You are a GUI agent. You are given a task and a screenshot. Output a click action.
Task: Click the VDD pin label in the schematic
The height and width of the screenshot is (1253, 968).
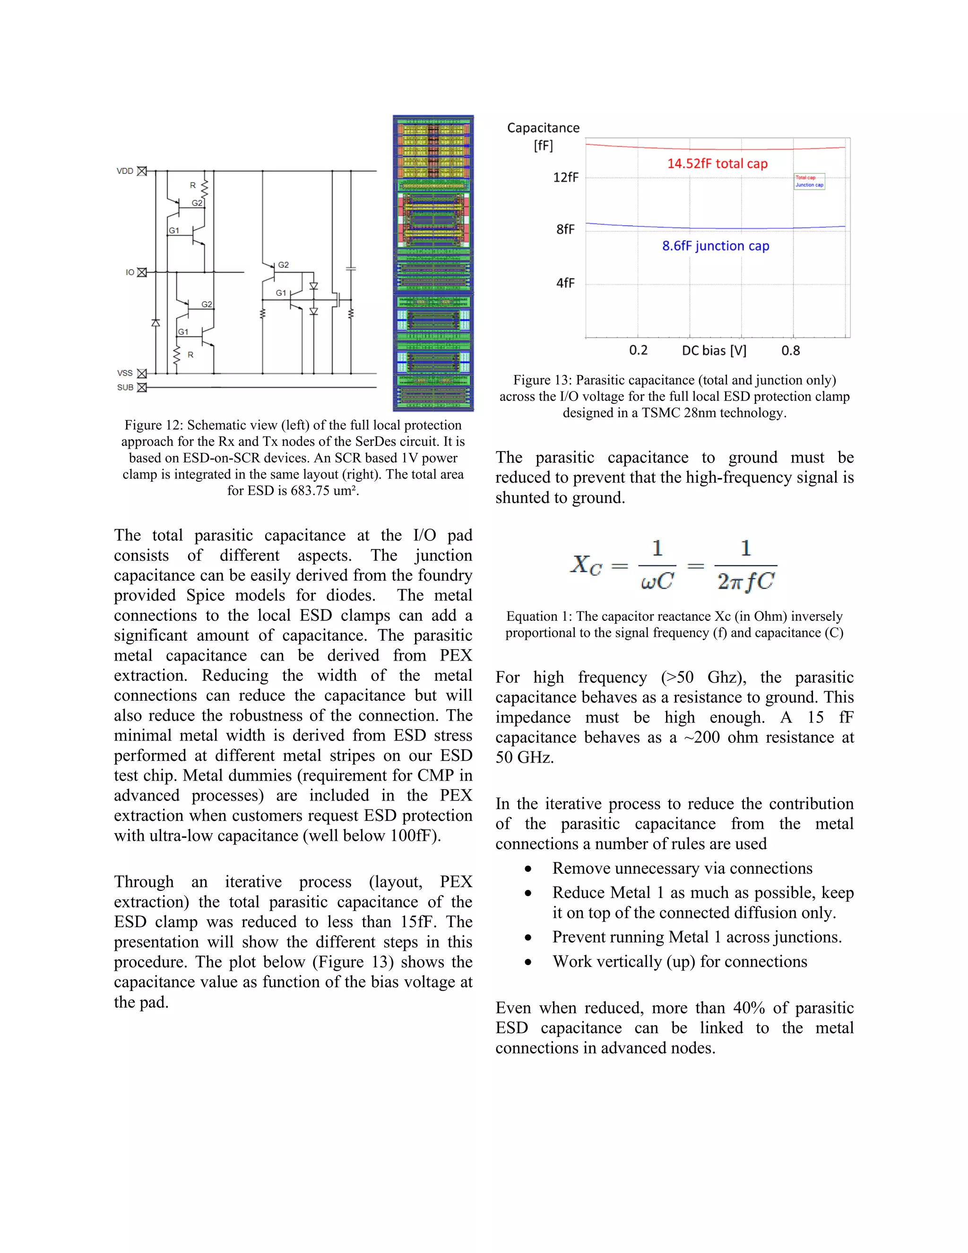pos(124,171)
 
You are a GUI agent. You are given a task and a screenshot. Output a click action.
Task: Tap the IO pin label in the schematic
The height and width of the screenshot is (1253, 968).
pos(130,272)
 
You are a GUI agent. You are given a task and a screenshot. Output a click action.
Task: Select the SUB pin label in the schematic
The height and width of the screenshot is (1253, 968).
pos(125,387)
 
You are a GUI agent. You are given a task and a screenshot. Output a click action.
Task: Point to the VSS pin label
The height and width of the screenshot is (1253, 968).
pos(125,373)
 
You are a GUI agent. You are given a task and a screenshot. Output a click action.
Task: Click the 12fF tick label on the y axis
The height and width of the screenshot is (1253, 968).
pos(565,178)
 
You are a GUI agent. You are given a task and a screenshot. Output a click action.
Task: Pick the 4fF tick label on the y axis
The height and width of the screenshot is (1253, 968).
pos(565,283)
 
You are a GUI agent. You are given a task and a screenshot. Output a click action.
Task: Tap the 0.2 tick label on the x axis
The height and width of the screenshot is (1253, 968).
pos(638,350)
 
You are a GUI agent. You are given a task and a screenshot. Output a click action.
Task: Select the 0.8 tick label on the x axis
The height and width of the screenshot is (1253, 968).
pos(790,350)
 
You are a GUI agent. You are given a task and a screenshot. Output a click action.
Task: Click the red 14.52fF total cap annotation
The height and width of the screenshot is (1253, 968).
pos(717,164)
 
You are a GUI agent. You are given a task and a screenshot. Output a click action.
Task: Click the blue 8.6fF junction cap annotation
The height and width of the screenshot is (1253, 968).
pos(716,246)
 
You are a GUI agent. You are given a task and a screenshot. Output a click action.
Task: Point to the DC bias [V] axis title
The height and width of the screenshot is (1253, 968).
pos(714,350)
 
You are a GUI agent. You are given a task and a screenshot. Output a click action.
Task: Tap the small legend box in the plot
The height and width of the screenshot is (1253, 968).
pos(809,181)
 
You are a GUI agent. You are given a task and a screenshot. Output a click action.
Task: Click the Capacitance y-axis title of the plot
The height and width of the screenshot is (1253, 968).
pos(543,128)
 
